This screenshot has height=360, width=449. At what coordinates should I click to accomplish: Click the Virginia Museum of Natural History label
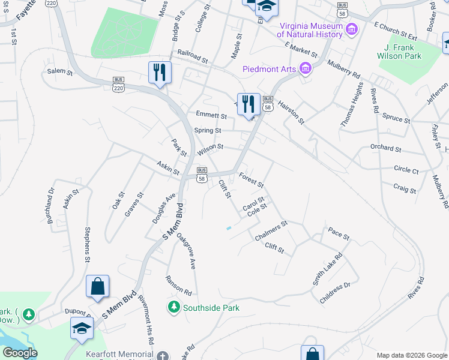pyautogui.click(x=310, y=30)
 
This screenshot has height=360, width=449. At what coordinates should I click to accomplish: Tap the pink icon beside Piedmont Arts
pyautogui.click(x=305, y=68)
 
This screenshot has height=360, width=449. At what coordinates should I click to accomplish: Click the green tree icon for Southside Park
pyautogui.click(x=174, y=307)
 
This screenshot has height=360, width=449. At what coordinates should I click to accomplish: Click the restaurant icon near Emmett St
pyautogui.click(x=247, y=104)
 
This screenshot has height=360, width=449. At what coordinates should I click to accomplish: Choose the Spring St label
pyautogui.click(x=208, y=130)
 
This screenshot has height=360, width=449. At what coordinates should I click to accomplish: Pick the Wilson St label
pyautogui.click(x=210, y=147)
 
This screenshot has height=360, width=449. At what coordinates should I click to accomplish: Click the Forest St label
pyautogui.click(x=252, y=179)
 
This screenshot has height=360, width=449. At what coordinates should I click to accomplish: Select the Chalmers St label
pyautogui.click(x=271, y=230)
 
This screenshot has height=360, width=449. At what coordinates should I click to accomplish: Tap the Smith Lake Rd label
pyautogui.click(x=327, y=268)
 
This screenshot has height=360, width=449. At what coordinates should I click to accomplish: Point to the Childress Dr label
pyautogui.click(x=335, y=293)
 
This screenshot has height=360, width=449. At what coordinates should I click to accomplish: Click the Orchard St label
pyautogui.click(x=385, y=148)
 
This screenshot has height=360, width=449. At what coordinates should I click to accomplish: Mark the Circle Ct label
pyautogui.click(x=406, y=170)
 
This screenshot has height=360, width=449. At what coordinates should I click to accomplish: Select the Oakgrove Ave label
pyautogui.click(x=187, y=251)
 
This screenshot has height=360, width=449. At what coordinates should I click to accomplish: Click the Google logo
pyautogui.click(x=20, y=353)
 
